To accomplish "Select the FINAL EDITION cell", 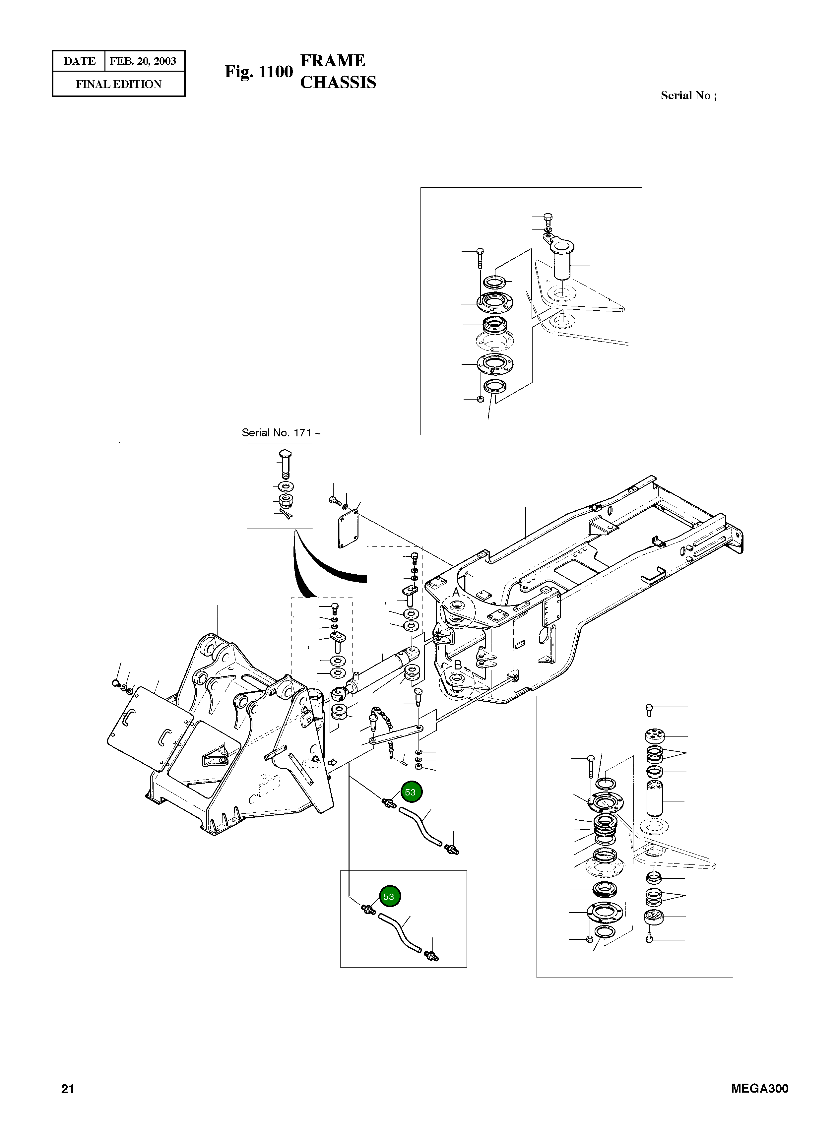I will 119,84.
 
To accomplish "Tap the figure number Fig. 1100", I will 259,72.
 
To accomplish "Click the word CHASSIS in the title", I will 338,82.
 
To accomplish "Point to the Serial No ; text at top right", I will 688,95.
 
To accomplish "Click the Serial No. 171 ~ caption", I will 281,432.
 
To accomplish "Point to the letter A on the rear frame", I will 456,592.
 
